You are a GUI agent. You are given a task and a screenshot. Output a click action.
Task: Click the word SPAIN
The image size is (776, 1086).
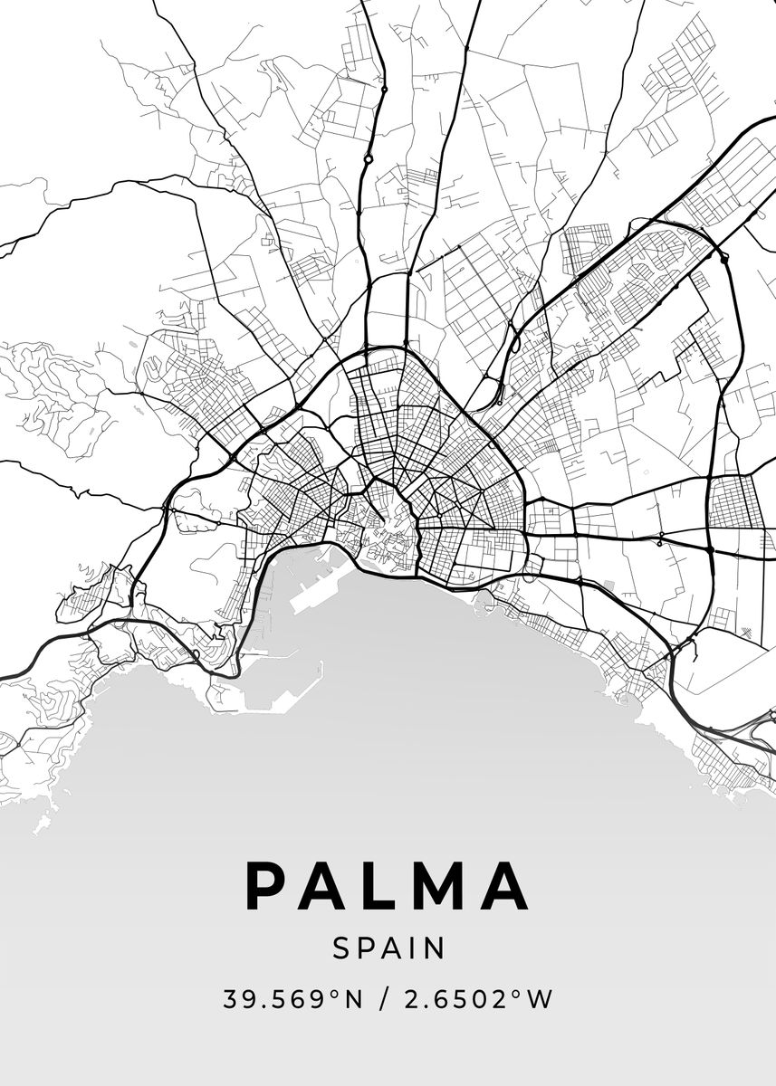tap(388, 948)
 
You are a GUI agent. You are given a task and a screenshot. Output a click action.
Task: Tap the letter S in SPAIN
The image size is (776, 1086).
tap(341, 948)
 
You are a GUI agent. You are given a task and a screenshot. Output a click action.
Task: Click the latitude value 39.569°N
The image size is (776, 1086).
tap(292, 1000)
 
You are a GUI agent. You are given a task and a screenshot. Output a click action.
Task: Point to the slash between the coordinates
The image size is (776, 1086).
tap(386, 1000)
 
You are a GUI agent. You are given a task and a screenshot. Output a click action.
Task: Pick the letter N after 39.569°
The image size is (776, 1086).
tap(353, 1000)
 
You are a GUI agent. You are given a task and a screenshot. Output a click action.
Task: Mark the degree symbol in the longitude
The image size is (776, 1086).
tap(519, 995)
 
